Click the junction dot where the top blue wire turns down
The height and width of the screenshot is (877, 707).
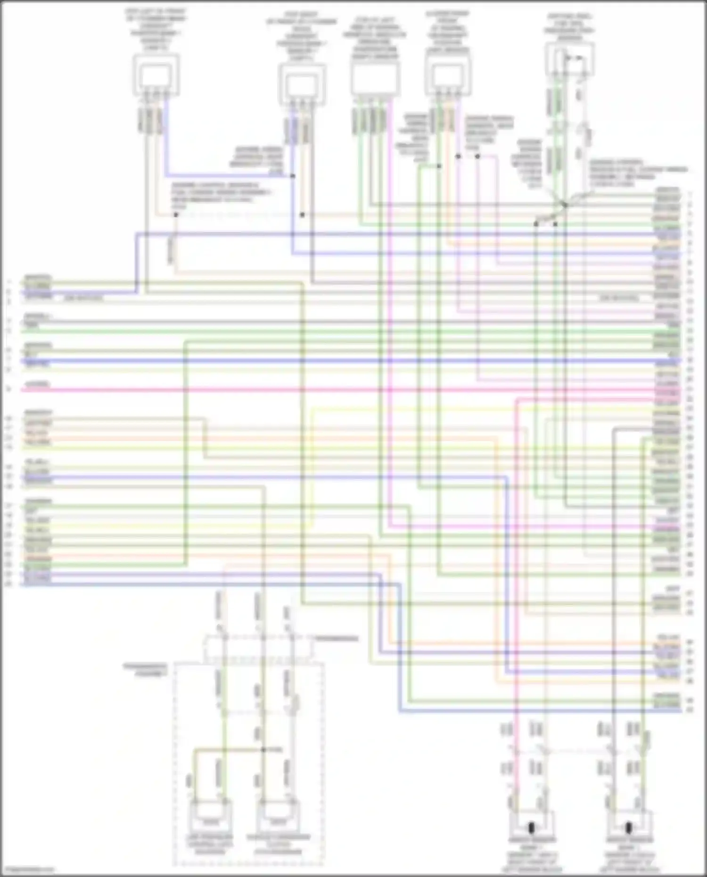tap(293, 176)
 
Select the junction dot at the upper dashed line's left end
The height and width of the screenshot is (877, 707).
tap(175, 215)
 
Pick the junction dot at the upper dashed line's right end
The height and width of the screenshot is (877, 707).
tap(302, 215)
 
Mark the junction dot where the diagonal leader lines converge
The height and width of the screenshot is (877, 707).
tap(564, 205)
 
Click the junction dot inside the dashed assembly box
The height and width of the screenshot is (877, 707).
tap(263, 750)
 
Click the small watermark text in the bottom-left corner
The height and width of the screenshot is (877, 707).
tap(27, 869)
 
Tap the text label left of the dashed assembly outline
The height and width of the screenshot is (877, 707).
tap(145, 670)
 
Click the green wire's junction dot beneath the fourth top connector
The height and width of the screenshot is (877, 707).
tap(439, 166)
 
